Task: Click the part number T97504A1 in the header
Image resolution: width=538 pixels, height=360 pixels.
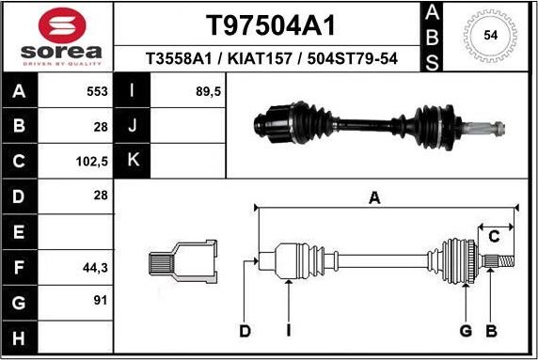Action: [x=270, y=24]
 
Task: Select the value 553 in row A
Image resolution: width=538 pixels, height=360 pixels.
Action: [x=96, y=92]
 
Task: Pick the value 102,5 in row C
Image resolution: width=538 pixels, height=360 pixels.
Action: [x=93, y=161]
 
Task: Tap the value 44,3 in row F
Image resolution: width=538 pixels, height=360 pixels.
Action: [x=95, y=267]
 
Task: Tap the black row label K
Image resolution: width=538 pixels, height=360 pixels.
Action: [x=132, y=161]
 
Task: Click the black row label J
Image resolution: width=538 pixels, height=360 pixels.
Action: [x=132, y=126]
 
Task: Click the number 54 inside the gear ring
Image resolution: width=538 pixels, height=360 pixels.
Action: [x=490, y=36]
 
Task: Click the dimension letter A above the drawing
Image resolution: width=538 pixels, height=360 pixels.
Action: [x=374, y=197]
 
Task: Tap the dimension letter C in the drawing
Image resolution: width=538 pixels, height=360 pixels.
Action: [x=493, y=236]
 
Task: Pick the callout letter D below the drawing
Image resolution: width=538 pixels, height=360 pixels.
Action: [x=245, y=330]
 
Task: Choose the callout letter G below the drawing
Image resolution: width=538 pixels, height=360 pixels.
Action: [x=466, y=330]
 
